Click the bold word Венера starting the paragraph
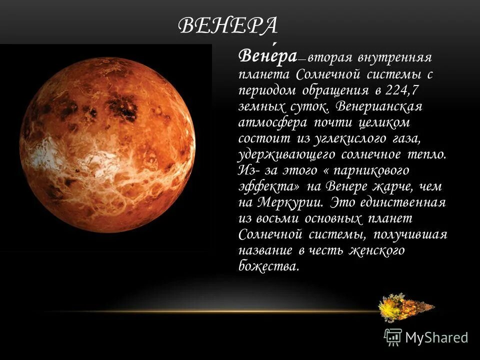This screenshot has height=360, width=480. pos(267,56)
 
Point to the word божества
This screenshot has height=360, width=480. pos(268,266)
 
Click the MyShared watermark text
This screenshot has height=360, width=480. pos(436,337)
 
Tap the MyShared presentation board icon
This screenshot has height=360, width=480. pos(393,337)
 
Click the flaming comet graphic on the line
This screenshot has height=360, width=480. pos(405,307)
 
